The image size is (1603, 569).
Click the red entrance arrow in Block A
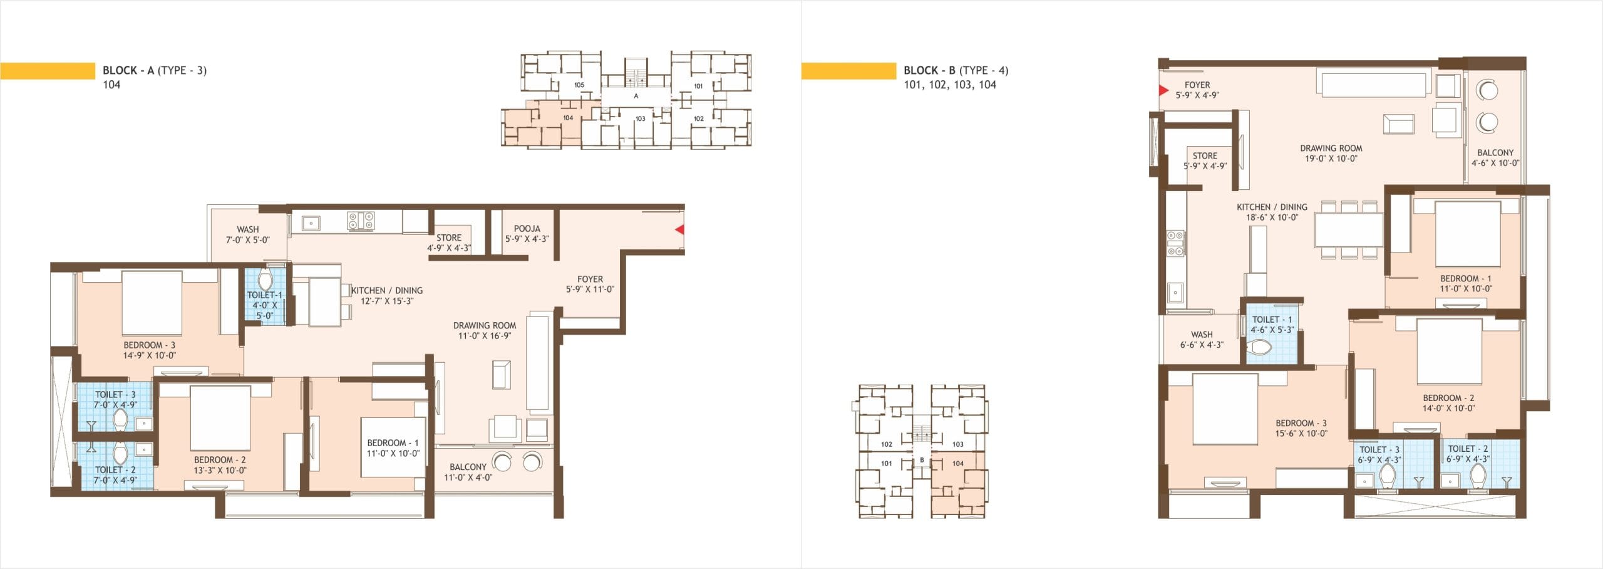(x=679, y=230)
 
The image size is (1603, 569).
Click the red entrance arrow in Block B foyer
(x=1164, y=90)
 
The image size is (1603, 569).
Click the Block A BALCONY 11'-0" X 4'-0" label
(x=468, y=472)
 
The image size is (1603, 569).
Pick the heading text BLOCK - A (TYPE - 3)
(x=155, y=70)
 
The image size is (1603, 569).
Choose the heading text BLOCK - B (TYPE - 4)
(x=956, y=70)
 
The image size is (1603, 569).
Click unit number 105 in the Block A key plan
(x=579, y=85)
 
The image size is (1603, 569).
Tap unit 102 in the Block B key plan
(x=887, y=444)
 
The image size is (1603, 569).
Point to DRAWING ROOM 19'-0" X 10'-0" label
(x=1331, y=154)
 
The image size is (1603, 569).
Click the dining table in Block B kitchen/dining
(x=1349, y=230)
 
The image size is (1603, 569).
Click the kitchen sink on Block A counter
(x=310, y=222)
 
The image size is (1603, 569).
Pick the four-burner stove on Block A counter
(x=361, y=221)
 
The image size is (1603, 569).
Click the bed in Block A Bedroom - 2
(x=220, y=417)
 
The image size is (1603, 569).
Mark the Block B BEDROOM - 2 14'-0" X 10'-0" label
(x=1448, y=403)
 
